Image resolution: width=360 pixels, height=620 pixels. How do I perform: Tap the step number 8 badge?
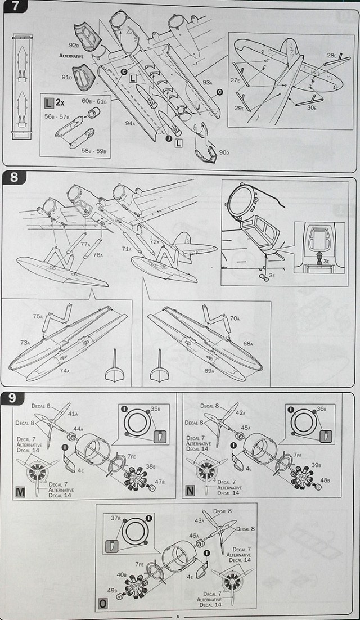click(15, 176)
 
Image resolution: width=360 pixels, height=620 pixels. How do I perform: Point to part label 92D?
click(73, 44)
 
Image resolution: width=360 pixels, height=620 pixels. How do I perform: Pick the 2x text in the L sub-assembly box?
click(60, 102)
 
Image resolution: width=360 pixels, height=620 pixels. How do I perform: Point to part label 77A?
click(84, 245)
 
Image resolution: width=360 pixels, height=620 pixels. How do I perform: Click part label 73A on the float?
click(25, 342)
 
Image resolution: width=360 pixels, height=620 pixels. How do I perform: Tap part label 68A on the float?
click(247, 343)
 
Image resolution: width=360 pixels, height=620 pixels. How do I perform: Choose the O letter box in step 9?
click(103, 605)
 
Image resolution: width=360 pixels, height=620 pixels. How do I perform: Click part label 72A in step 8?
click(154, 240)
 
